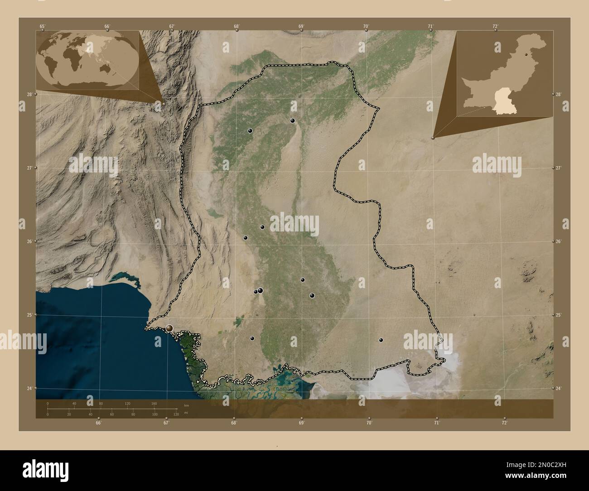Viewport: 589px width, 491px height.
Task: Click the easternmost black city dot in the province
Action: pyautogui.click(x=381, y=340)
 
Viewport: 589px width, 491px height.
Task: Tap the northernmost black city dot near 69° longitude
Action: pyautogui.click(x=293, y=120)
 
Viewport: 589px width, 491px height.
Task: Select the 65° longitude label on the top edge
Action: pyautogui.click(x=42, y=26)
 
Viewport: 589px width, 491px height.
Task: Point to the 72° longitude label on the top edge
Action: pyautogui.click(x=496, y=26)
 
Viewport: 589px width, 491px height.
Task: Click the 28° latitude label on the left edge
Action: pyautogui.click(x=29, y=94)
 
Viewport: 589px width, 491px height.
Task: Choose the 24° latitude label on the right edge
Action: pyautogui.click(x=558, y=388)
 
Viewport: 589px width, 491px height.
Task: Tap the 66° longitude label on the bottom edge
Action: pyautogui.click(x=98, y=423)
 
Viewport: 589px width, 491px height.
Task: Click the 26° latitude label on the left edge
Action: pyautogui.click(x=29, y=241)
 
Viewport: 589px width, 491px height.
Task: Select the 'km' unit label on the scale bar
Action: pyautogui.click(x=186, y=404)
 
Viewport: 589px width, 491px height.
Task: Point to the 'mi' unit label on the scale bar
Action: pyautogui.click(x=186, y=414)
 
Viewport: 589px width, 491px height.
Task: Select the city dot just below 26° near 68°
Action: pyautogui.click(x=246, y=238)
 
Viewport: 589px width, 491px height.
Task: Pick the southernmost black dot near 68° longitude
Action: pyautogui.click(x=252, y=338)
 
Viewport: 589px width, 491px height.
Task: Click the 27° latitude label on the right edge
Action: pyautogui.click(x=558, y=168)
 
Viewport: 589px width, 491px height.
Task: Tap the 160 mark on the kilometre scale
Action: pyautogui.click(x=154, y=403)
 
